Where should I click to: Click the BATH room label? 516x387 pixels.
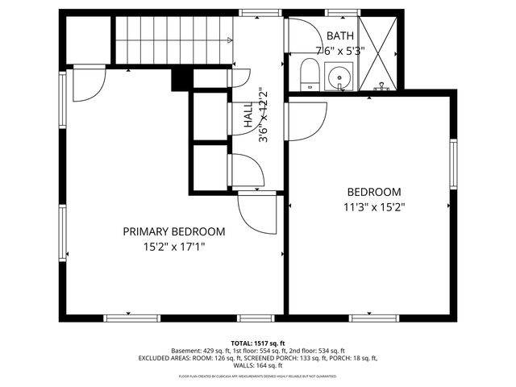(x=339, y=36)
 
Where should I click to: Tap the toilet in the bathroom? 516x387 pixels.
(x=307, y=75)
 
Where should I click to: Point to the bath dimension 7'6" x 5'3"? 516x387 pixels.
(x=340, y=50)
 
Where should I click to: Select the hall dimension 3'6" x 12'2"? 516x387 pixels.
(x=261, y=115)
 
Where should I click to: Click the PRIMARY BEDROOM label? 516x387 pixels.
(x=173, y=231)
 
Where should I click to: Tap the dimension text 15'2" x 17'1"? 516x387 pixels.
(x=173, y=247)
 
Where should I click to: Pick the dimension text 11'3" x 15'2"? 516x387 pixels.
(x=373, y=206)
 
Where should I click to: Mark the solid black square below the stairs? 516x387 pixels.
(x=181, y=78)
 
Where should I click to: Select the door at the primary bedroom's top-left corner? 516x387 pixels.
(x=87, y=83)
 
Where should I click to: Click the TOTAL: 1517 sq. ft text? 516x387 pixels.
(x=258, y=343)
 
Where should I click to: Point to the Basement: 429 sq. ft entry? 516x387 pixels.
(x=201, y=351)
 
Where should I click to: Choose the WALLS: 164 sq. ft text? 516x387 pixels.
(x=257, y=365)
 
